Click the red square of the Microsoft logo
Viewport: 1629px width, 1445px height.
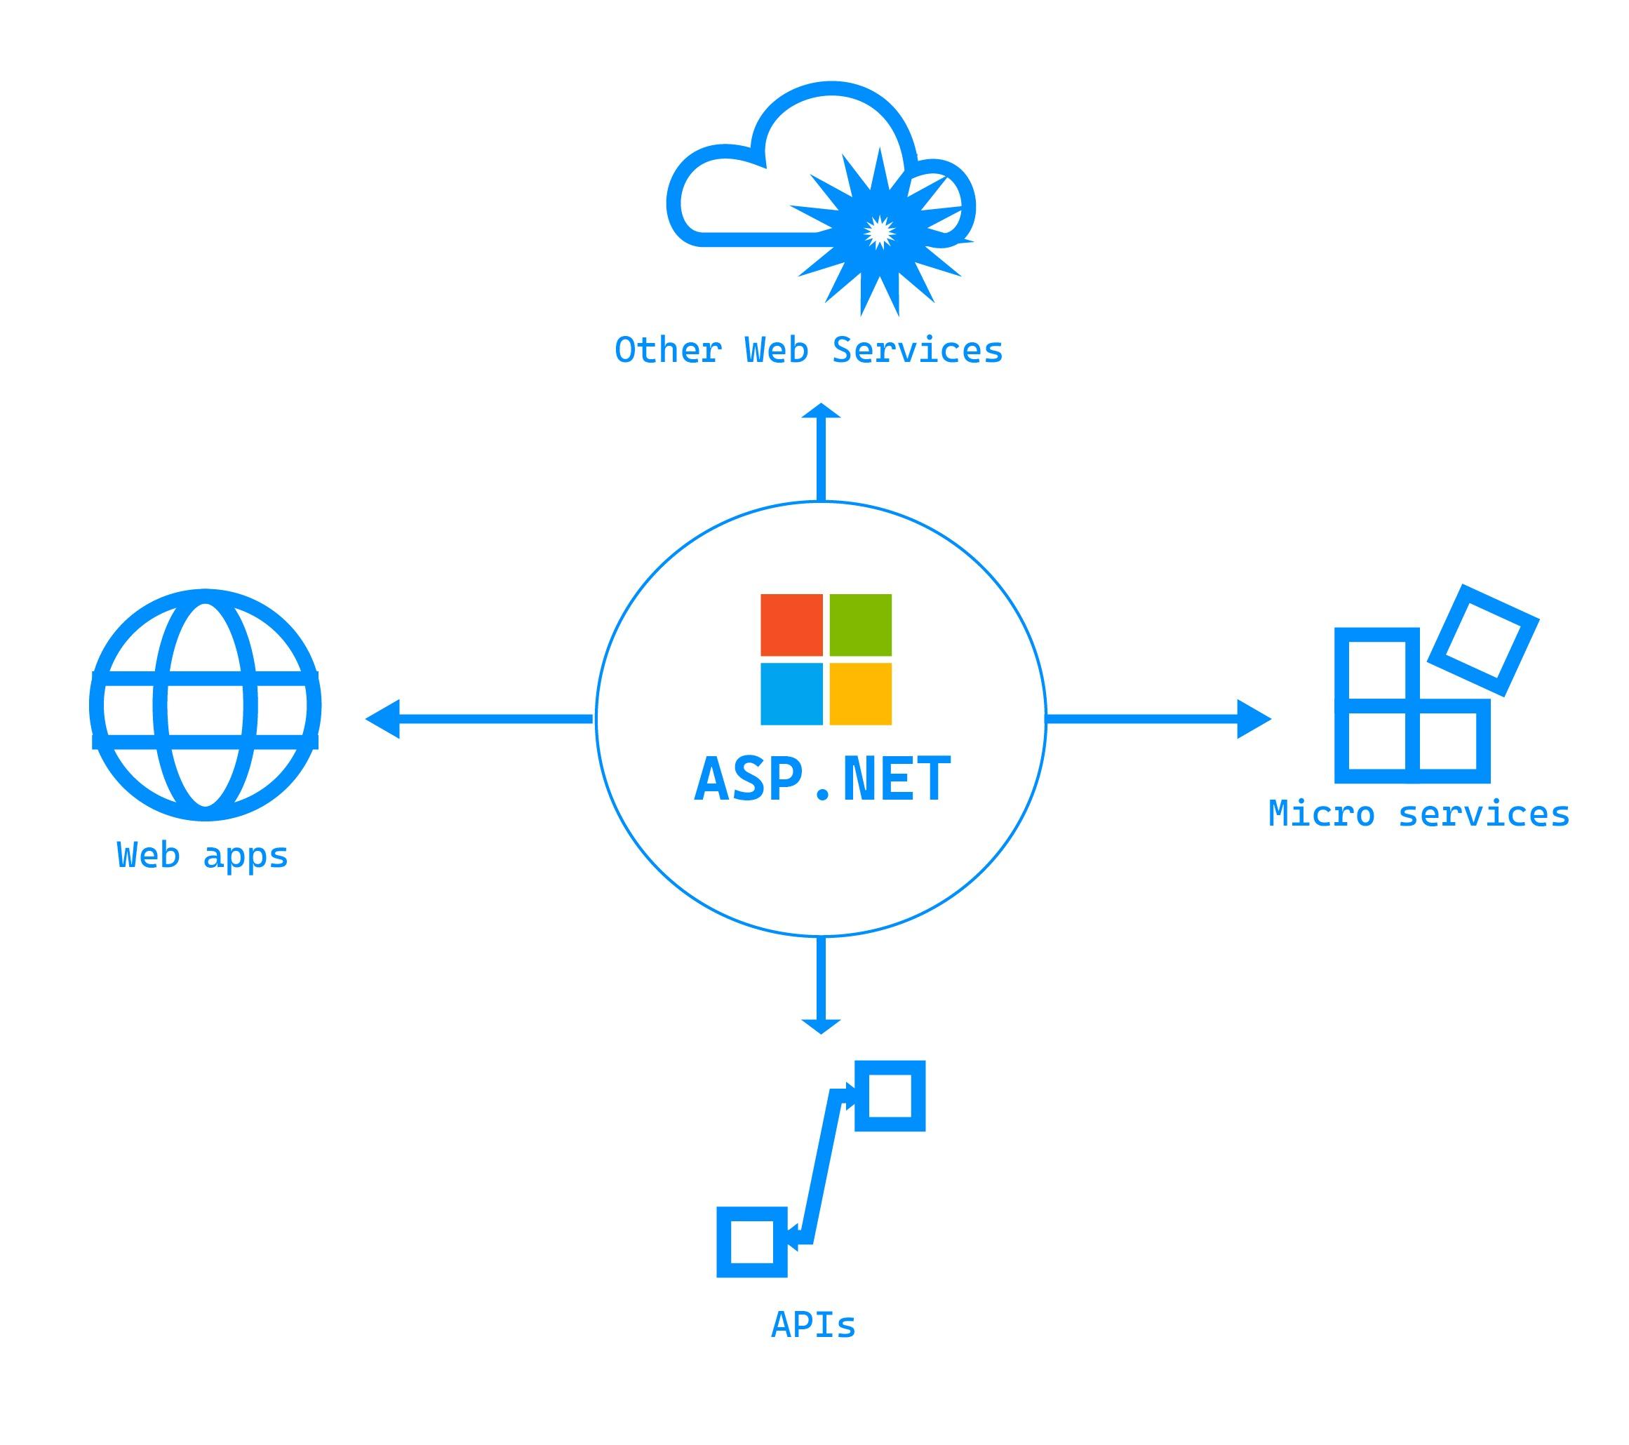pyautogui.click(x=791, y=625)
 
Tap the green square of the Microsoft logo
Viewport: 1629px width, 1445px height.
pyautogui.click(x=860, y=625)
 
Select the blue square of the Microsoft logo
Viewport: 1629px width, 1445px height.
pyautogui.click(x=791, y=694)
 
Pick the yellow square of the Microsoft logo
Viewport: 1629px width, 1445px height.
pyautogui.click(x=860, y=694)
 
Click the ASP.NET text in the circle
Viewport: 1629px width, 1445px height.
pyautogui.click(x=822, y=779)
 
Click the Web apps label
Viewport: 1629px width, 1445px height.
pyautogui.click(x=203, y=856)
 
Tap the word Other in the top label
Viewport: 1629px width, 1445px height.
pyautogui.click(x=668, y=351)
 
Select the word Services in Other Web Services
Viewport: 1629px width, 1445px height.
pyautogui.click(x=918, y=351)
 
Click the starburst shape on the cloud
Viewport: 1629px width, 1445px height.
pyautogui.click(x=879, y=232)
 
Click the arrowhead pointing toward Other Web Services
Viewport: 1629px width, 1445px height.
pyautogui.click(x=822, y=412)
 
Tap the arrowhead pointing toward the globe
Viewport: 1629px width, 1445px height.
pyautogui.click(x=383, y=719)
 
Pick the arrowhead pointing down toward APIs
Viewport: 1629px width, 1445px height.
pyautogui.click(x=821, y=1026)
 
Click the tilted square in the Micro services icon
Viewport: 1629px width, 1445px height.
pyautogui.click(x=1483, y=640)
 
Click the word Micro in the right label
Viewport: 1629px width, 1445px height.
pyautogui.click(x=1322, y=814)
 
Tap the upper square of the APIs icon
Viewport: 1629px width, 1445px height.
pyautogui.click(x=890, y=1095)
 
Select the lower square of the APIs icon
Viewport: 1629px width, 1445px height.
pyautogui.click(x=751, y=1242)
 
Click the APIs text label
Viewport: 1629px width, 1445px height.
pyautogui.click(x=813, y=1326)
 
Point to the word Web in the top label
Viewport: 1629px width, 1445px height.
pyautogui.click(x=776, y=351)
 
